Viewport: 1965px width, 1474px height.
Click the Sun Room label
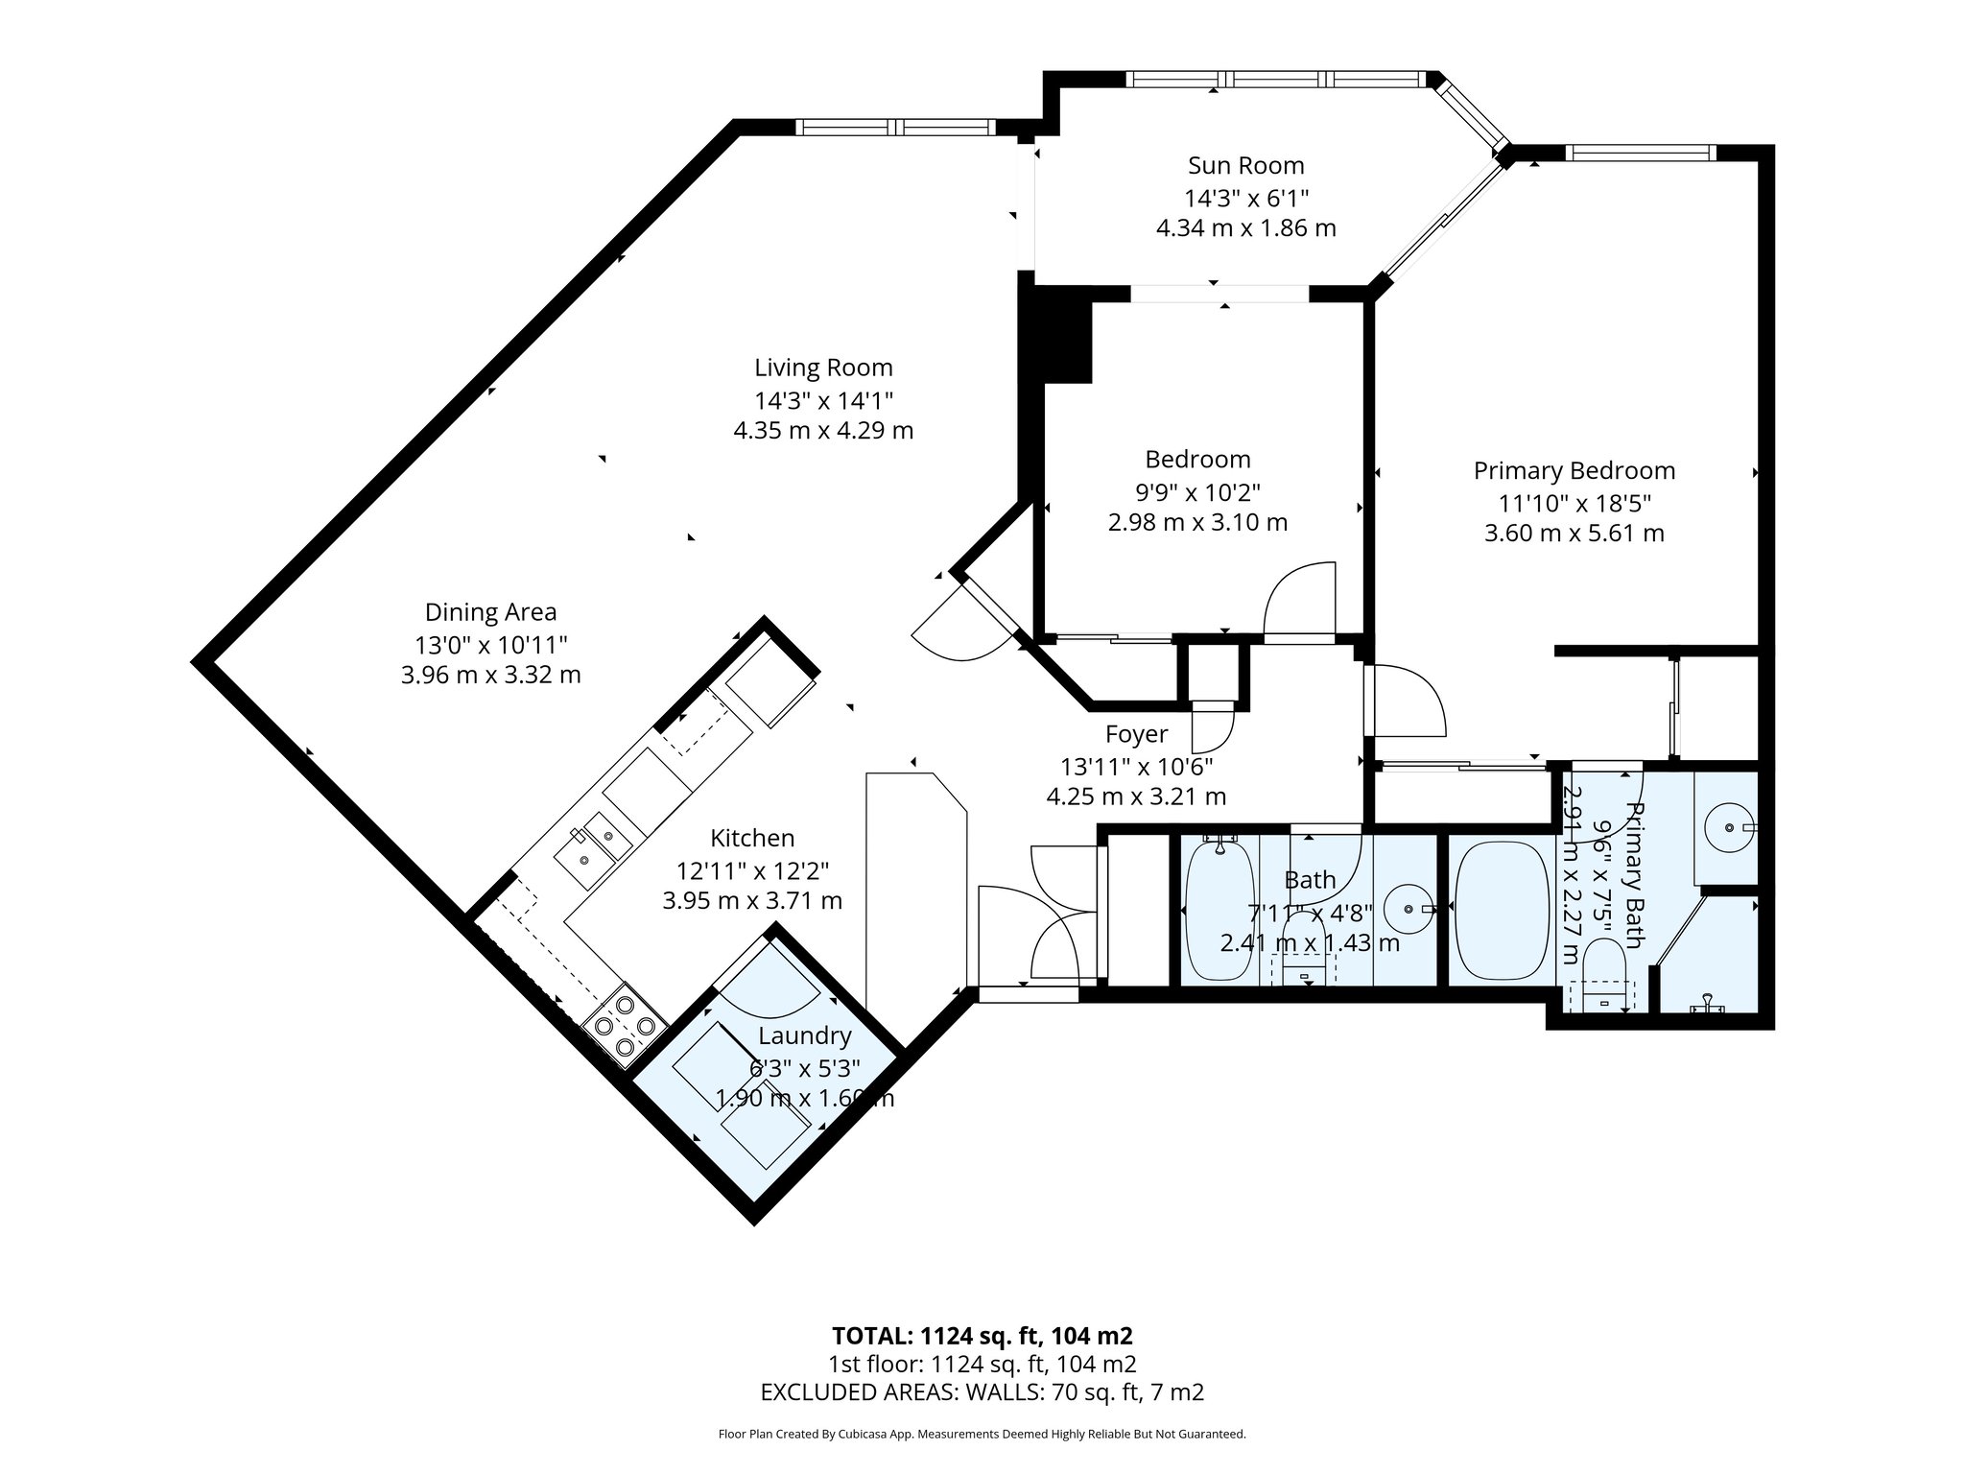pos(1245,165)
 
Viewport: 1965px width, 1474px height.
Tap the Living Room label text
pos(823,368)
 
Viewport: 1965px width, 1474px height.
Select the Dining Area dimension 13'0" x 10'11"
pos(490,644)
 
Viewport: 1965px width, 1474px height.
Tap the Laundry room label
pos(804,1035)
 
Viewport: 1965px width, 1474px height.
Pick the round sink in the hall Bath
pos(1408,908)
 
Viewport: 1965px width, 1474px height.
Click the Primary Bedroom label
pos(1574,471)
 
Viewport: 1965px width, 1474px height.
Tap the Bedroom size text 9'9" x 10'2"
pos(1197,492)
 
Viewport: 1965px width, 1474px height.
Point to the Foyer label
pos(1136,734)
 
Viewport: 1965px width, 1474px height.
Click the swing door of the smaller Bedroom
pos(1300,600)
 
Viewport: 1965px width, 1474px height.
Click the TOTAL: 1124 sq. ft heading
pos(982,1336)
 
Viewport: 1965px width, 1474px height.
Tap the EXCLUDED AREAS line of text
pos(982,1391)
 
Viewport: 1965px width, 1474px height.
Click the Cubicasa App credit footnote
pos(982,1434)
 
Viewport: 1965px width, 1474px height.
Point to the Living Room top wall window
pos(896,127)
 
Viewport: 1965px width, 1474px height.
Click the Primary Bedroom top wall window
pos(1640,152)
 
